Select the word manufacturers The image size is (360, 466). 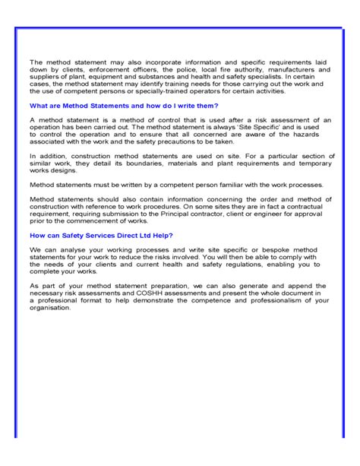coord(273,71)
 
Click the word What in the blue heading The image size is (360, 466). coord(39,105)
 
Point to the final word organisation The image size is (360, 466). coord(50,306)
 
